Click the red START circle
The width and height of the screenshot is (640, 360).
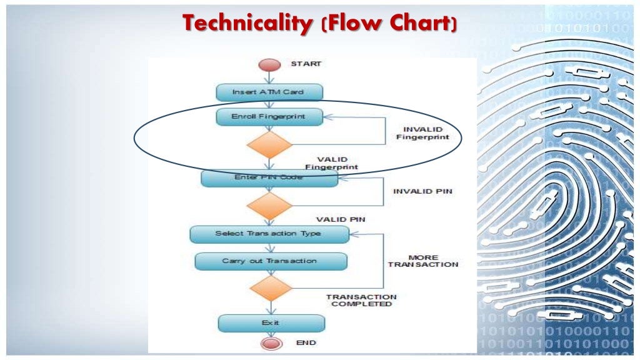click(269, 65)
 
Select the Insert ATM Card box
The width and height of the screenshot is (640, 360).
click(269, 92)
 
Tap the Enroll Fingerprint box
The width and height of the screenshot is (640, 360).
click(269, 116)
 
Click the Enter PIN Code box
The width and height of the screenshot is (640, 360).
click(269, 178)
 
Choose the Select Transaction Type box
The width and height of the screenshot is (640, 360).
click(269, 234)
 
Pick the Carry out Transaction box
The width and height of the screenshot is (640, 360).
click(270, 261)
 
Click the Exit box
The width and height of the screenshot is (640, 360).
click(271, 322)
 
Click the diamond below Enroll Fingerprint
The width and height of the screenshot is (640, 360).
click(269, 144)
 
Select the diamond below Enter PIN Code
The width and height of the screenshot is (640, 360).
click(269, 206)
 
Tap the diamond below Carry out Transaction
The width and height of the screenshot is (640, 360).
click(270, 288)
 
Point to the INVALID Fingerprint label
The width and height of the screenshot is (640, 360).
click(422, 133)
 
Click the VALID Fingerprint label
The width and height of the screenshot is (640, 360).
click(332, 163)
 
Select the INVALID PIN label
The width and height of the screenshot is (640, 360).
click(422, 191)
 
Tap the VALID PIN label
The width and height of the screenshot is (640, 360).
click(341, 219)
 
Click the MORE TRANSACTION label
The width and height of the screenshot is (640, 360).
click(423, 261)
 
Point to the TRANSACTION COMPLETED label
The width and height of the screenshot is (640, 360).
click(361, 300)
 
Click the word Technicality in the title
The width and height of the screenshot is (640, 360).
click(249, 24)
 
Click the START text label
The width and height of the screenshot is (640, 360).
click(306, 64)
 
